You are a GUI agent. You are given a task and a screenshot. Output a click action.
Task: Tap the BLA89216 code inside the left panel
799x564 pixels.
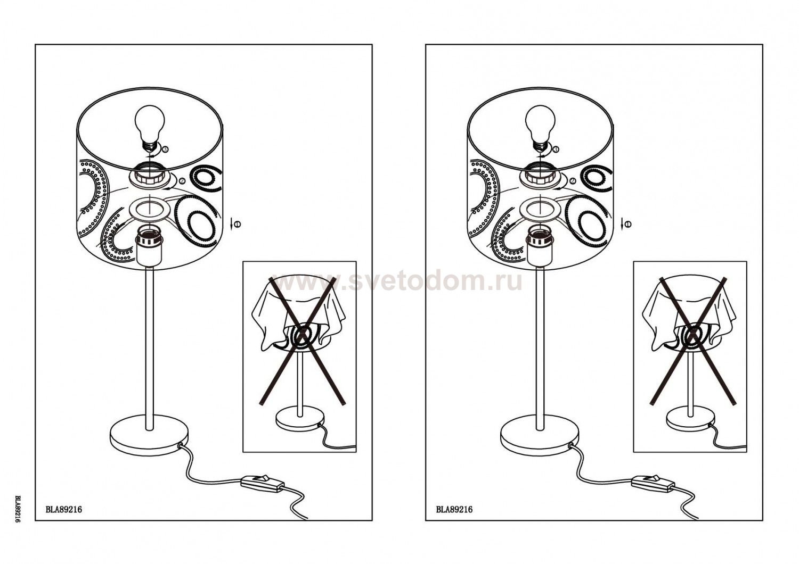tap(64, 510)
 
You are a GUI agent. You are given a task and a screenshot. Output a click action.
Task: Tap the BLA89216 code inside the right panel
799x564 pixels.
tap(454, 510)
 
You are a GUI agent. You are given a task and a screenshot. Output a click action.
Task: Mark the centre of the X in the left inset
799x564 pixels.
tap(302, 333)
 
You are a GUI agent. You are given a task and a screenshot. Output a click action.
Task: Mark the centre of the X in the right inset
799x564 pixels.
tap(692, 333)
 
